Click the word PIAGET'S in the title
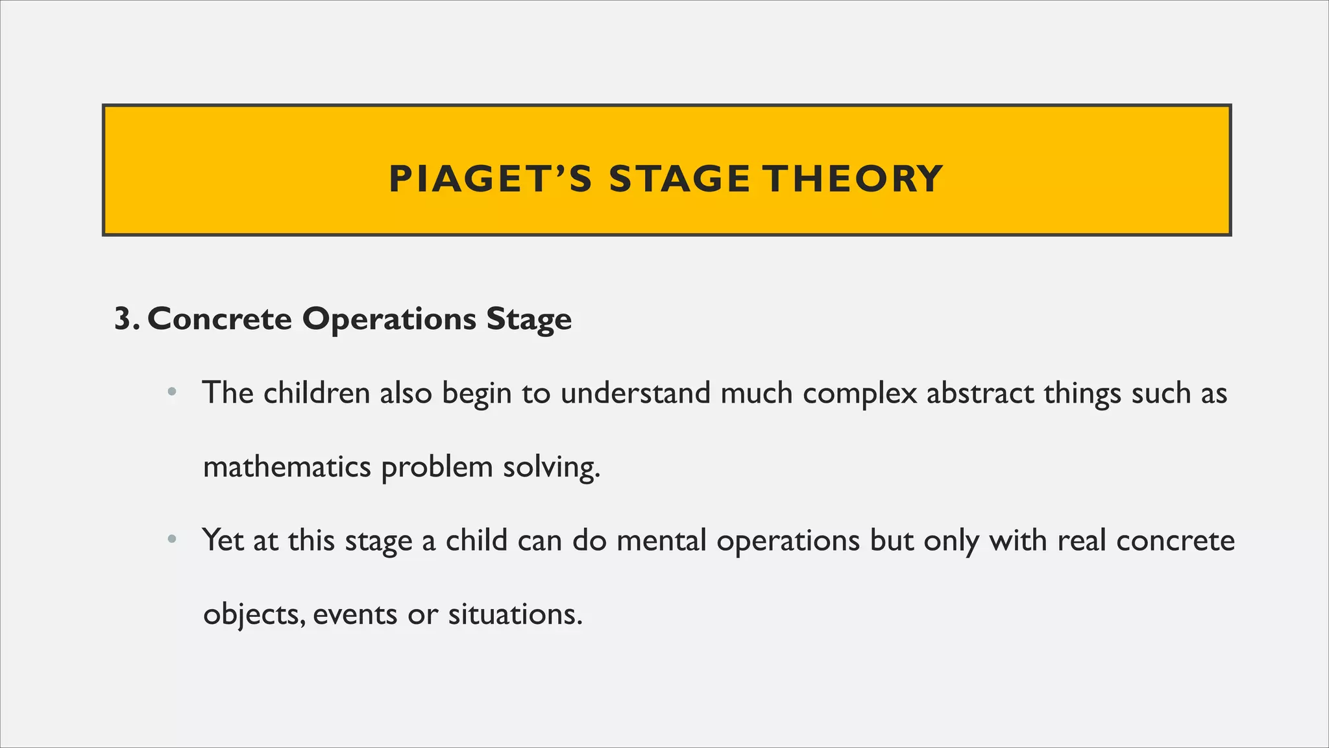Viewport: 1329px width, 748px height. coord(491,179)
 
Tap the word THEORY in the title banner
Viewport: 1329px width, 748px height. coord(852,179)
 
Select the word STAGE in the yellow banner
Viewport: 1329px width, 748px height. coord(679,179)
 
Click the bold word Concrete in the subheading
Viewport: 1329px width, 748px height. coord(220,319)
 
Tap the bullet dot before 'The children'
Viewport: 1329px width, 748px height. coord(171,392)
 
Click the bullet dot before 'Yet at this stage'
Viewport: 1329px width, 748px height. coord(171,539)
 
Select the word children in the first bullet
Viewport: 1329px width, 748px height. coord(317,393)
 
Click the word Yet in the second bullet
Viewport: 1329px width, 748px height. coord(222,540)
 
